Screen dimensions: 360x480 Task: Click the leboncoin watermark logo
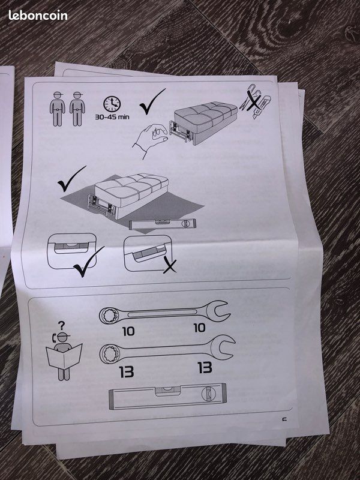[x=38, y=16]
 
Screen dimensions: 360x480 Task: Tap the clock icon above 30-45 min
[x=112, y=104]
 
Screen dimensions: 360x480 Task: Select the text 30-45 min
[x=112, y=117]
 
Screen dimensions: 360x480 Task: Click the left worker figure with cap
[x=57, y=109]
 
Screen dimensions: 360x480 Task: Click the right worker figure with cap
[x=77, y=109]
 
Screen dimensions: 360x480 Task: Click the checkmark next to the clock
[x=152, y=101]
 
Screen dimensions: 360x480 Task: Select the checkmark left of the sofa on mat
[x=71, y=179]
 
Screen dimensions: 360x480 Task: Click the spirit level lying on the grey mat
[x=163, y=224]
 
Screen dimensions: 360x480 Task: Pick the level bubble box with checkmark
[x=71, y=251]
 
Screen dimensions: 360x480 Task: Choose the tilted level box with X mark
[x=148, y=253]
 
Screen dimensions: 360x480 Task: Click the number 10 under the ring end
[x=128, y=331]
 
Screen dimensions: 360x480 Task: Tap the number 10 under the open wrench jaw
[x=199, y=328]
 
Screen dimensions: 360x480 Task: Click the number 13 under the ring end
[x=127, y=372]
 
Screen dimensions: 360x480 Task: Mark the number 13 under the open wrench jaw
[x=205, y=368]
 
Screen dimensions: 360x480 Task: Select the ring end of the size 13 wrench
[x=110, y=354]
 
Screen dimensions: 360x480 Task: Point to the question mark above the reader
[x=62, y=325]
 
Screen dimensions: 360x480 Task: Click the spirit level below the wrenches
[x=168, y=397]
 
